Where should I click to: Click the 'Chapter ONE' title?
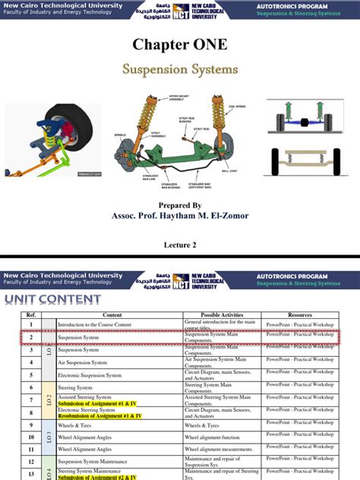pos(180,45)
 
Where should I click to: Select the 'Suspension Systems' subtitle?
pos(180,69)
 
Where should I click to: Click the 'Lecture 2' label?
pos(180,245)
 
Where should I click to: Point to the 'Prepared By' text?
pos(180,205)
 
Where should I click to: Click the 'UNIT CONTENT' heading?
pos(53,299)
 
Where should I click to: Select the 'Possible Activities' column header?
pos(222,314)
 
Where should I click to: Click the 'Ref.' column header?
pos(31,314)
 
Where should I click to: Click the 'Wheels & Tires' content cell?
pos(80,425)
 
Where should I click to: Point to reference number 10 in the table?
pos(31,437)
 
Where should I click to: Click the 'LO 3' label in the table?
pos(49,437)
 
